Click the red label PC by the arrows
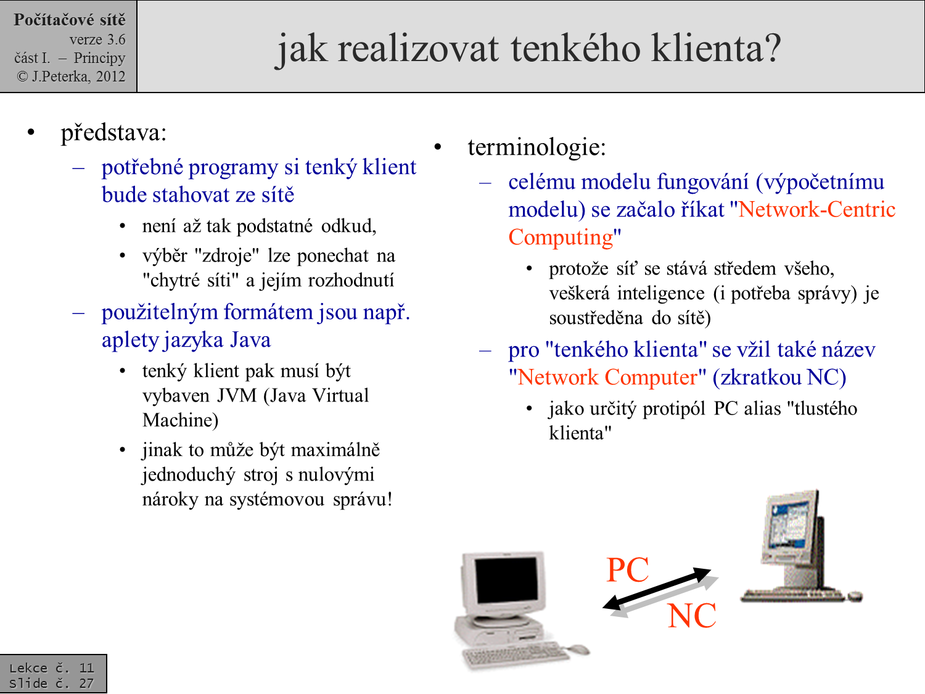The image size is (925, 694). [x=627, y=569]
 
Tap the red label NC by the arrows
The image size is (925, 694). [x=691, y=616]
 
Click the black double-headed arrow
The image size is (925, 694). [x=656, y=589]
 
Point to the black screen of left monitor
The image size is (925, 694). [x=506, y=583]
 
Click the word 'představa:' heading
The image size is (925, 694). [x=113, y=133]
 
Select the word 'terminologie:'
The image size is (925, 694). [x=536, y=147]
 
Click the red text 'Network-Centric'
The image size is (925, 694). [x=816, y=210]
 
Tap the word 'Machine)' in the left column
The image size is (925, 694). [x=180, y=420]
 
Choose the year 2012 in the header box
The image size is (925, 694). [x=110, y=76]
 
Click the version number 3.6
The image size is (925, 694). [x=115, y=39]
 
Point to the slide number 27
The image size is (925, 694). [x=86, y=683]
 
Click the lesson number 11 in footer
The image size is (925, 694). [x=86, y=667]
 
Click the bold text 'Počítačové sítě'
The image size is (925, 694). [x=69, y=20]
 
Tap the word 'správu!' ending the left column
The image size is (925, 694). [x=362, y=499]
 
